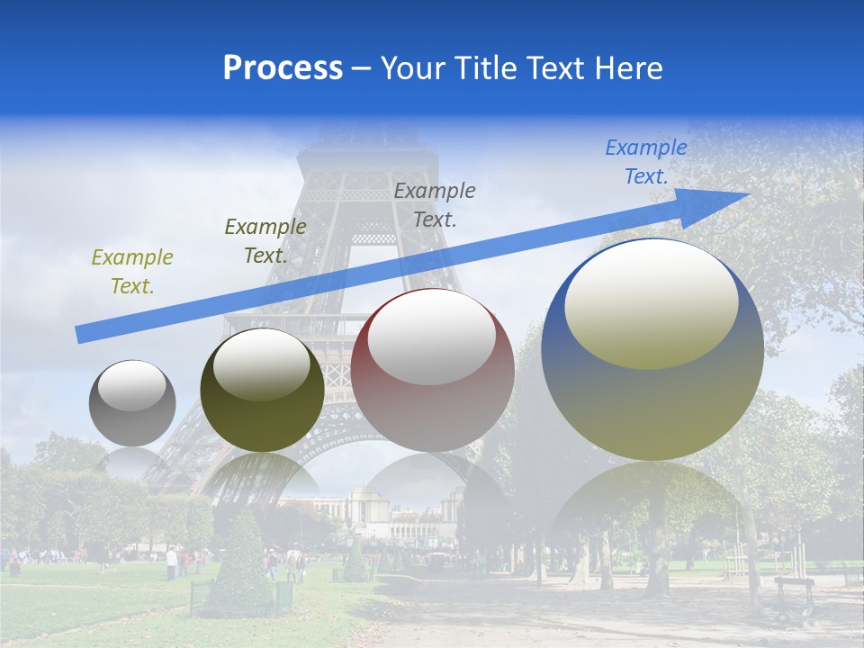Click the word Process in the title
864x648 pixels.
tap(283, 68)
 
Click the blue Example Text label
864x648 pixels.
tap(645, 162)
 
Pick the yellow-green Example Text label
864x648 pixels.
tap(131, 272)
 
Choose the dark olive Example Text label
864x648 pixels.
tap(265, 241)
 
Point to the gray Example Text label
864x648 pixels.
tap(434, 204)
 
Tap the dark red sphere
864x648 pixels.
tap(432, 371)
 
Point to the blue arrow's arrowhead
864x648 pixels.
tap(720, 202)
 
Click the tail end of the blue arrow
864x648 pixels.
tap(83, 335)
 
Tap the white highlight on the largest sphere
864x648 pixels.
tap(652, 303)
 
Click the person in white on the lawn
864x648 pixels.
tap(171, 562)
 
